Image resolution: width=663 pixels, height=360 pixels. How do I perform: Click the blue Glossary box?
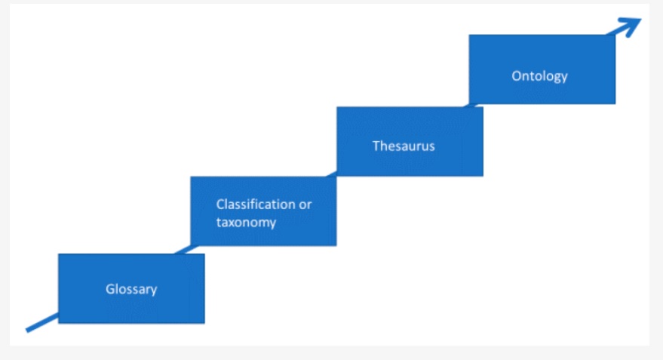131,288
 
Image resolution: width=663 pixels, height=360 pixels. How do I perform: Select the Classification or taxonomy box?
263,211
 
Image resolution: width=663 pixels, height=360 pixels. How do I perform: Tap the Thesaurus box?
410,141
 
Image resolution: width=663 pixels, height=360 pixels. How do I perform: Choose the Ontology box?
542,69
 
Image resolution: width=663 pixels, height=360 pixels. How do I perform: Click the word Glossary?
131,289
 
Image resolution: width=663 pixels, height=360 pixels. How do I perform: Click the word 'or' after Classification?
305,205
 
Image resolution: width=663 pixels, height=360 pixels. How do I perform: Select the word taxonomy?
246,223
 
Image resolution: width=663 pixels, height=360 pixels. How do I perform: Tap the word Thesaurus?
404,146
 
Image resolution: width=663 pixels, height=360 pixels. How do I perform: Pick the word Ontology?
539,76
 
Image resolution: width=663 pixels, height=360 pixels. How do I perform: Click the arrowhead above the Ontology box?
628,26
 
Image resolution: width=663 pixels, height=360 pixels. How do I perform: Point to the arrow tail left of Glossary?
41,323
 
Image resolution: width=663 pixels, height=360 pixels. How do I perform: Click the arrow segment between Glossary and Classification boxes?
186,250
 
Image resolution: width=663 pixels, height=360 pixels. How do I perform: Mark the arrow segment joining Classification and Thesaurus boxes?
332,174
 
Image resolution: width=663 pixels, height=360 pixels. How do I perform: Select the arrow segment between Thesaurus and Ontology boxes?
471,106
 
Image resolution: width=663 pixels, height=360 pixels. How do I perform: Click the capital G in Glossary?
110,289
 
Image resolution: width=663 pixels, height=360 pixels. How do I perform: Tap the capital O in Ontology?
517,75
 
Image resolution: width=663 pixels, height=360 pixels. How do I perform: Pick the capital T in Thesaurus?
376,146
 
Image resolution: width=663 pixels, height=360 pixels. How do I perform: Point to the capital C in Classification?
221,205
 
